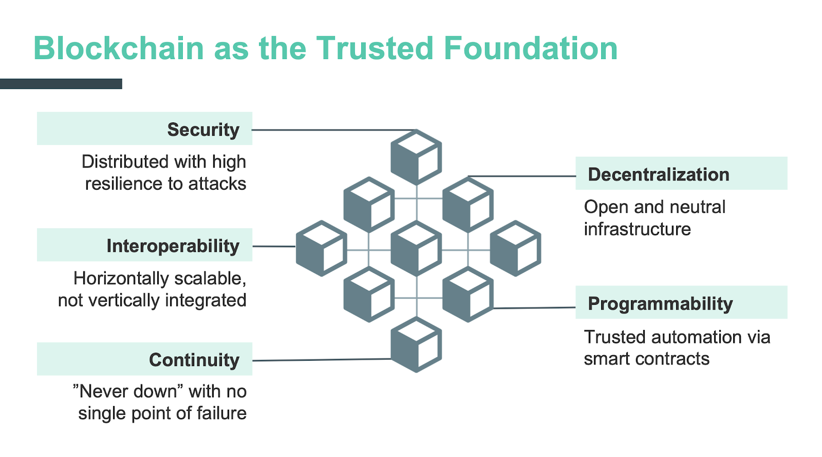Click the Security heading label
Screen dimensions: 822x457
[x=203, y=130]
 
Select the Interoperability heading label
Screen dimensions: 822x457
[x=173, y=246]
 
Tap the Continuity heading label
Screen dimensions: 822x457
[x=194, y=360]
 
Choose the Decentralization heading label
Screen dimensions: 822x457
[x=658, y=174]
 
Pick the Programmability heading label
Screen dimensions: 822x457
[x=660, y=304]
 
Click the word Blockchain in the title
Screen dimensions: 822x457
[x=119, y=48]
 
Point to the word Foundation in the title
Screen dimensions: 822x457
[x=531, y=48]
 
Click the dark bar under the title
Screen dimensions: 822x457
[x=61, y=84]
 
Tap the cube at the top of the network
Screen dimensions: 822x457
[x=416, y=157]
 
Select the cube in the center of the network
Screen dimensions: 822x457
[x=416, y=248]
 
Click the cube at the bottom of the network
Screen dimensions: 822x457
[x=416, y=344]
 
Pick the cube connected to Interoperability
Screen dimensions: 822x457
[x=322, y=248]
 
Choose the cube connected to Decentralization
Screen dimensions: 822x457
[x=468, y=205]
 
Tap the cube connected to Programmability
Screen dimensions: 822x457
[x=468, y=295]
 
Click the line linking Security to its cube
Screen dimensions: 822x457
[x=334, y=130]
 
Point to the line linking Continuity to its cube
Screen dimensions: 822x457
[x=322, y=360]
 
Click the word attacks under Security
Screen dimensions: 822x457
[x=217, y=184]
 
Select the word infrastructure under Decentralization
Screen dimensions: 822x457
[x=638, y=229]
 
